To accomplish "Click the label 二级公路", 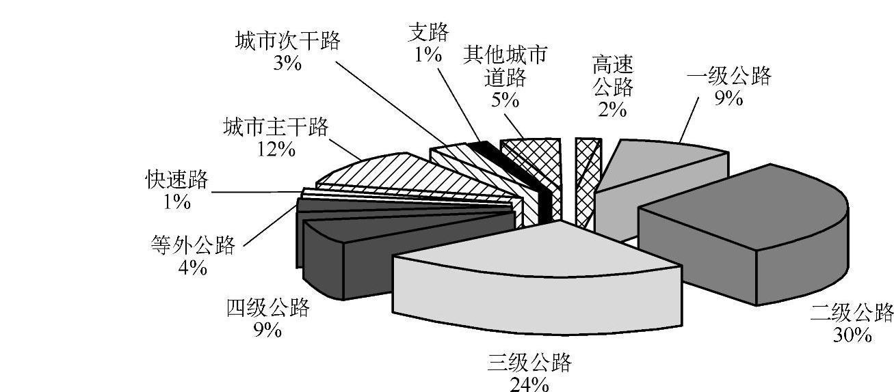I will click(852, 313).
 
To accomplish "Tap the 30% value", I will click(852, 335).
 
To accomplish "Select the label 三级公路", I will click(529, 363).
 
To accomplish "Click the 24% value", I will click(529, 384).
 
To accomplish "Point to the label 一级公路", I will click(729, 76).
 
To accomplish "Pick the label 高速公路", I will click(612, 76).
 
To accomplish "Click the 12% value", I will click(277, 148).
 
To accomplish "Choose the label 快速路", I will click(176, 180).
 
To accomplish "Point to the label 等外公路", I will click(192, 244).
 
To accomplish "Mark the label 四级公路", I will click(267, 308).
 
